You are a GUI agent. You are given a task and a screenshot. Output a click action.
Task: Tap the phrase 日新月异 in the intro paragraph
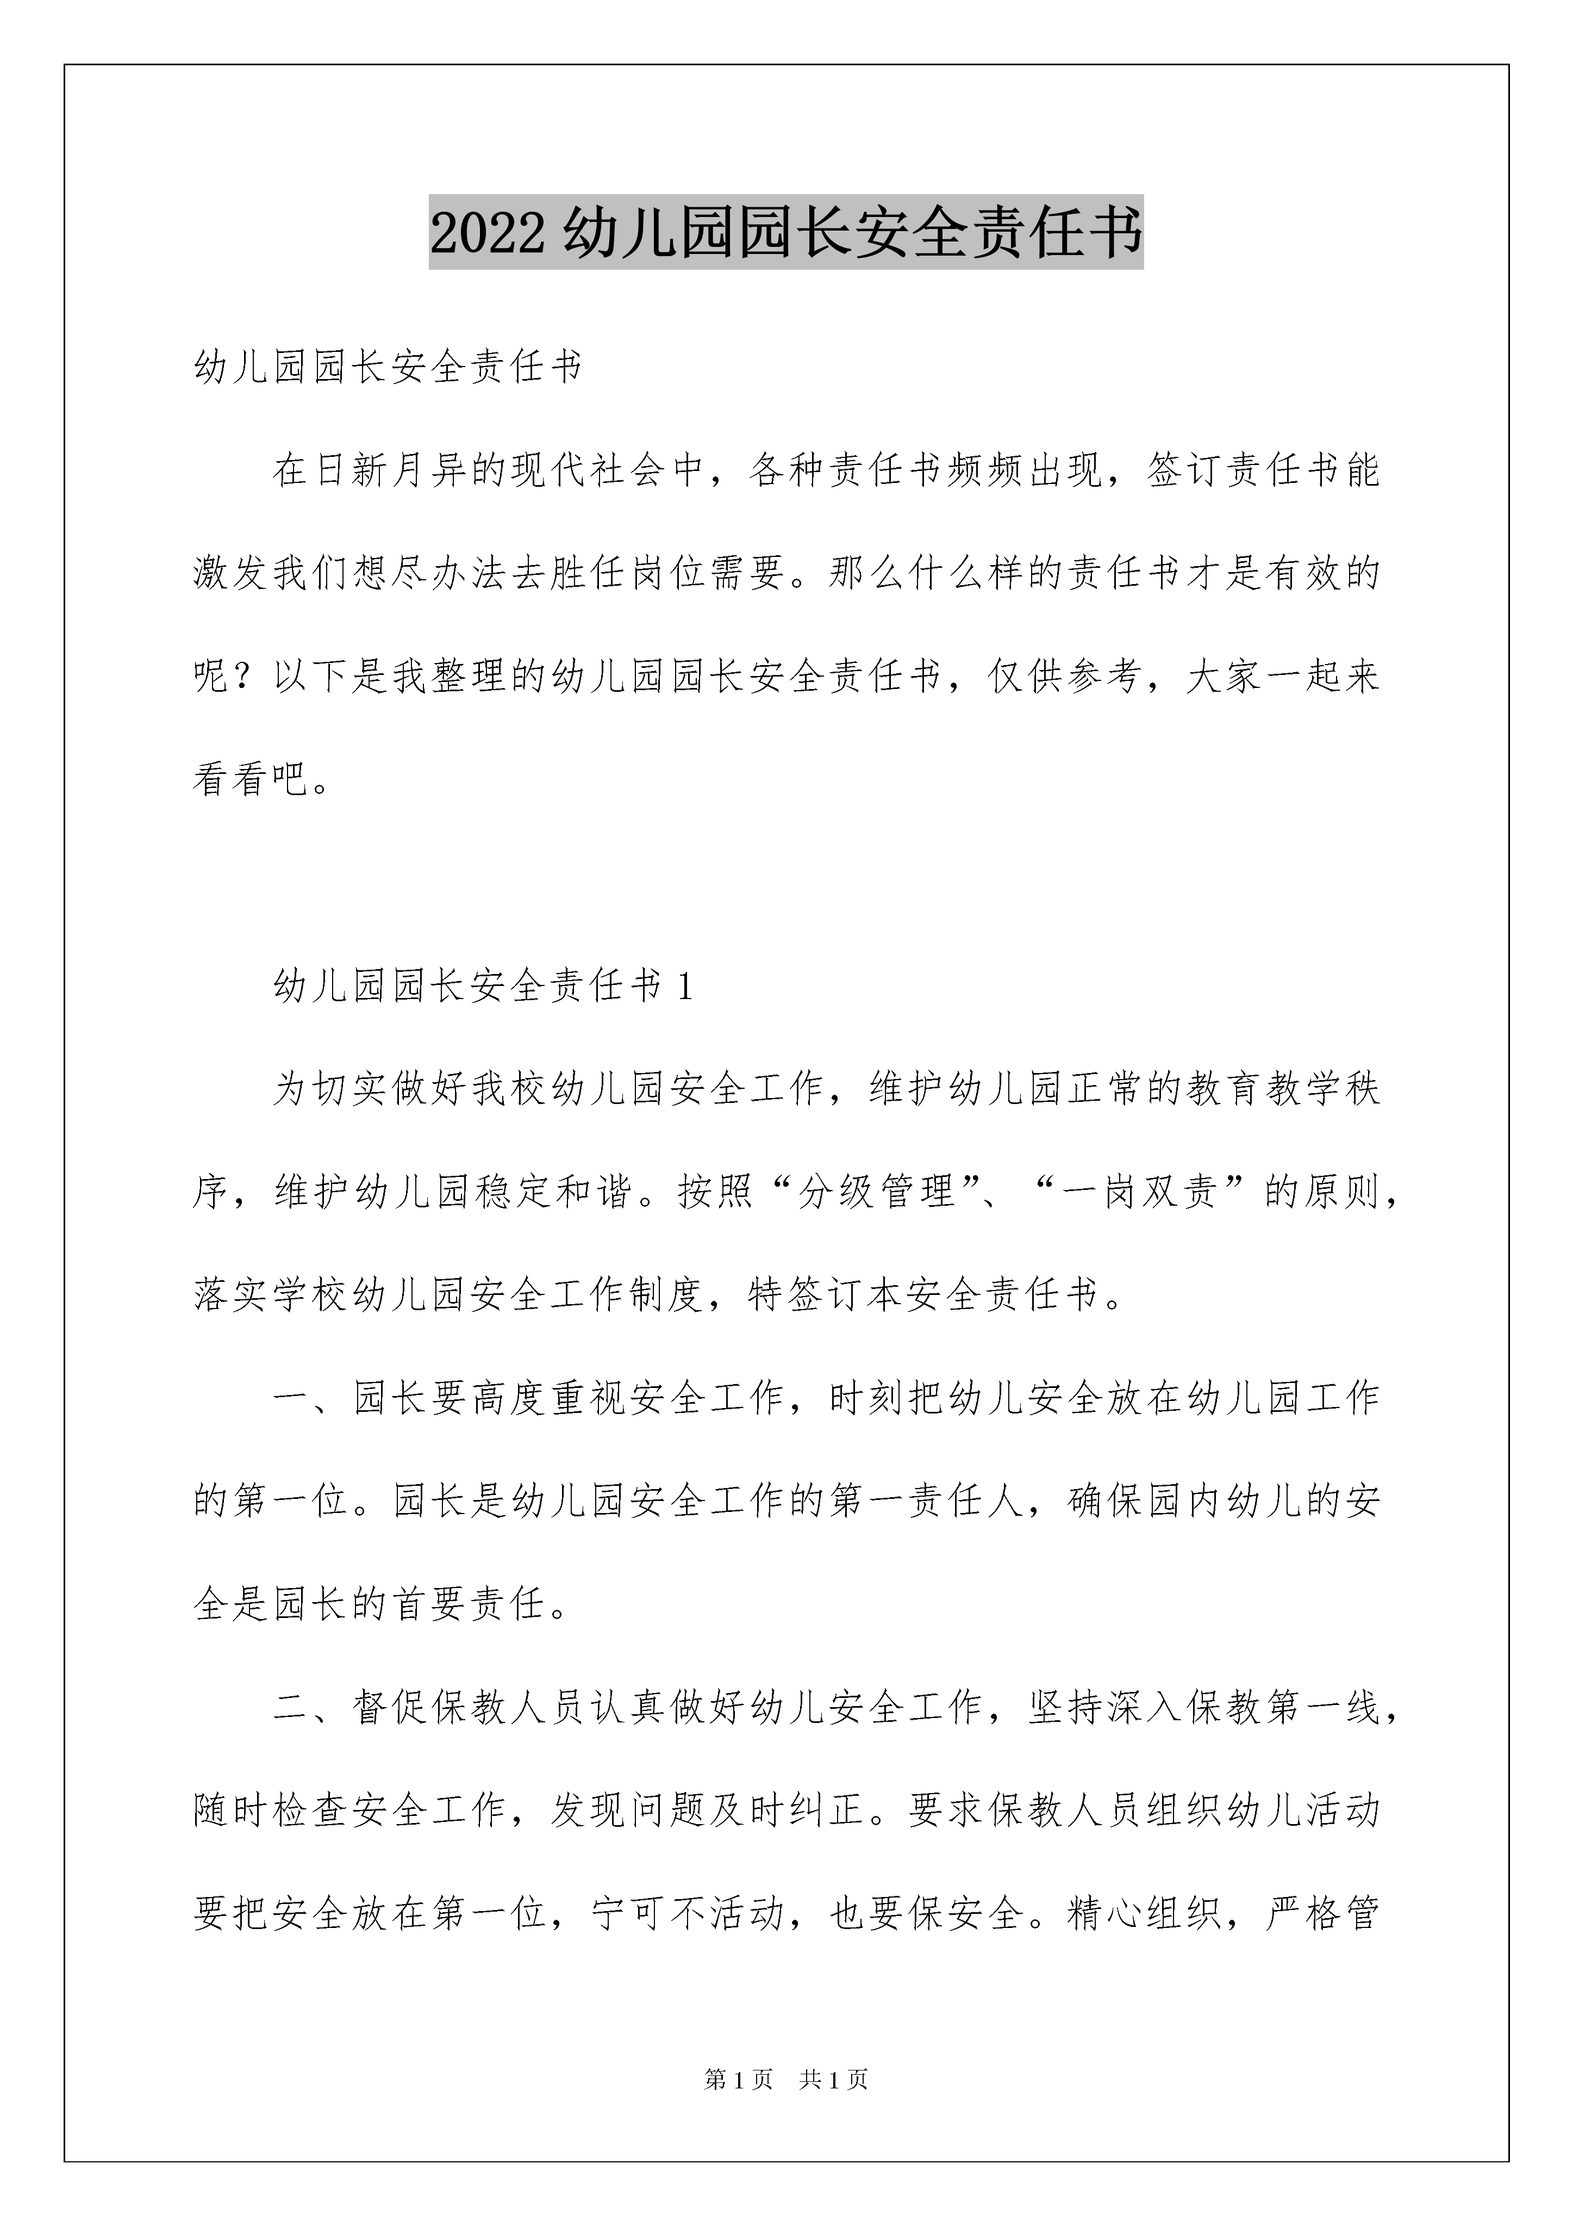click(x=391, y=471)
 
